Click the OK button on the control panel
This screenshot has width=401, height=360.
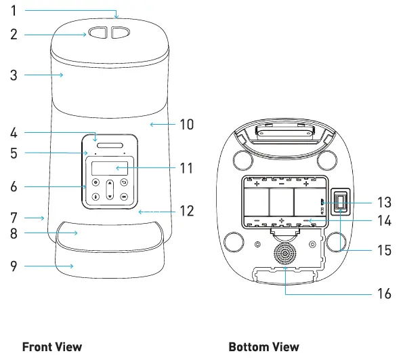point(124,197)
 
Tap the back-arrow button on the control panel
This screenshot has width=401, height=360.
point(124,182)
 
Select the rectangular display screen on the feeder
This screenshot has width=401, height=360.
point(110,168)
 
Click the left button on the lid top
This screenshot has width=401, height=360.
point(98,33)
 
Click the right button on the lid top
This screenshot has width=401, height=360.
point(120,33)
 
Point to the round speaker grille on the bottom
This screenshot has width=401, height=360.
point(285,254)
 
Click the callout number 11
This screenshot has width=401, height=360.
point(186,168)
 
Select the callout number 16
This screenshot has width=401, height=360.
point(384,294)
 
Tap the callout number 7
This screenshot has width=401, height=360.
point(14,218)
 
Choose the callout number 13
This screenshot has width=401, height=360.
point(384,202)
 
